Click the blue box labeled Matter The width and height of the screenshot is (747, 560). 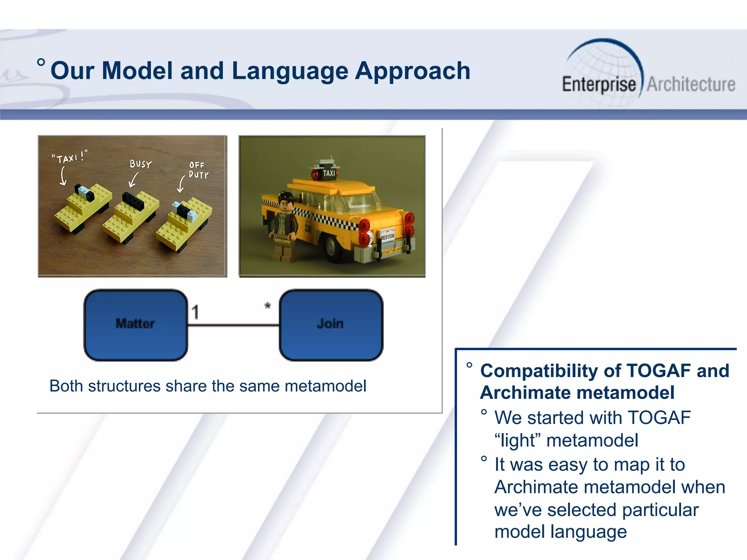pos(135,325)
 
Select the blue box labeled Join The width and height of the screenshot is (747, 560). pos(331,325)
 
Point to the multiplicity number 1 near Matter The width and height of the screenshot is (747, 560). pos(196,312)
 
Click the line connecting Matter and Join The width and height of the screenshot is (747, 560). pos(233,325)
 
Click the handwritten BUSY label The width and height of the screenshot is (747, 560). pos(140,164)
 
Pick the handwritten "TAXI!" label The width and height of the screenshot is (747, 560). pos(69,157)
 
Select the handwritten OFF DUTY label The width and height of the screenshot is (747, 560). pos(198,170)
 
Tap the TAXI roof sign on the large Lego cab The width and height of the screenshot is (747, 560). pos(328,173)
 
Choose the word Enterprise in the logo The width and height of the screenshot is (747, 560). pos(599,85)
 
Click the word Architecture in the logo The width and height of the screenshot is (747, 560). pos(691,85)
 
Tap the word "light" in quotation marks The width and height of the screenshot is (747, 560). pos(515,440)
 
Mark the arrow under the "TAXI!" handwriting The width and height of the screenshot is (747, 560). pos(63,176)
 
